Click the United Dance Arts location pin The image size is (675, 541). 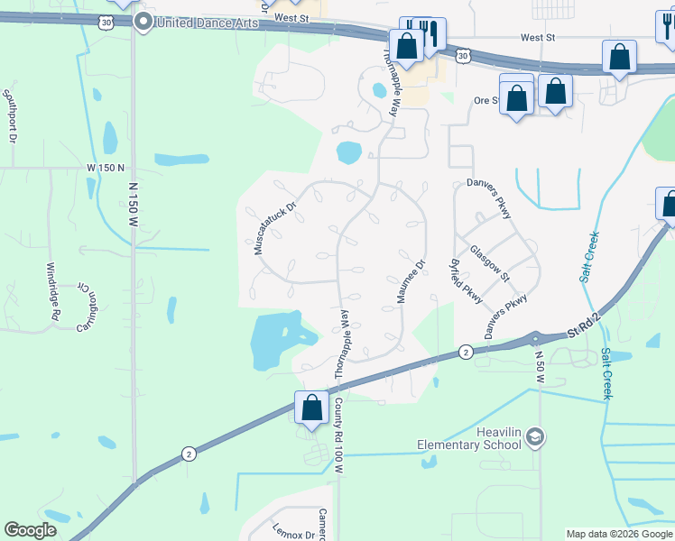click(x=142, y=23)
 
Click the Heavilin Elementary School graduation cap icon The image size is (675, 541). click(x=536, y=437)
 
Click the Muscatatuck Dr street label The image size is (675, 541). click(x=275, y=227)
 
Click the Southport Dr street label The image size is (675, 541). click(x=11, y=115)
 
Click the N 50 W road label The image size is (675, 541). click(x=540, y=367)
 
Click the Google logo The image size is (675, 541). click(x=31, y=530)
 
